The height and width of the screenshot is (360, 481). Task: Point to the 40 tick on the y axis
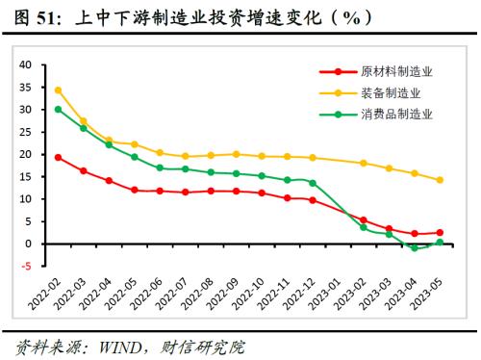[x=25, y=64]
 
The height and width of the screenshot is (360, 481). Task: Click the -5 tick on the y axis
[x=27, y=266]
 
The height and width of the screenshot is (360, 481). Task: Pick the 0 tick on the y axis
[x=29, y=244]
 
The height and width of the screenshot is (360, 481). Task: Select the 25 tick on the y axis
[x=25, y=132]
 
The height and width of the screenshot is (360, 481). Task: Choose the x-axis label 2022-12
[x=302, y=296]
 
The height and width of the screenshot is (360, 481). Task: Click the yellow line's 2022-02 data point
[x=59, y=90]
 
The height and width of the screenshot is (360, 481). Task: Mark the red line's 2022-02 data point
[x=59, y=157]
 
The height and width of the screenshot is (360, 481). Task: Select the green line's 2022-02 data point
[x=59, y=109]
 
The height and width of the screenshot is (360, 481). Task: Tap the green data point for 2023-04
[x=415, y=247]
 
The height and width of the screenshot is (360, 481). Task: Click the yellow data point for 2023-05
[x=440, y=180]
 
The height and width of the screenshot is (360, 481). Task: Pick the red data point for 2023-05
[x=440, y=232]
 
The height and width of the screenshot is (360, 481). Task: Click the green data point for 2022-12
[x=313, y=183]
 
